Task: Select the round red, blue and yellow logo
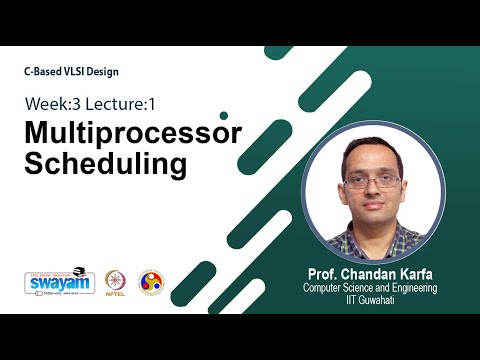point(152,282)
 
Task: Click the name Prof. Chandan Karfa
point(372,273)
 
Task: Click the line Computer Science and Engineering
point(372,287)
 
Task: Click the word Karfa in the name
point(412,273)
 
